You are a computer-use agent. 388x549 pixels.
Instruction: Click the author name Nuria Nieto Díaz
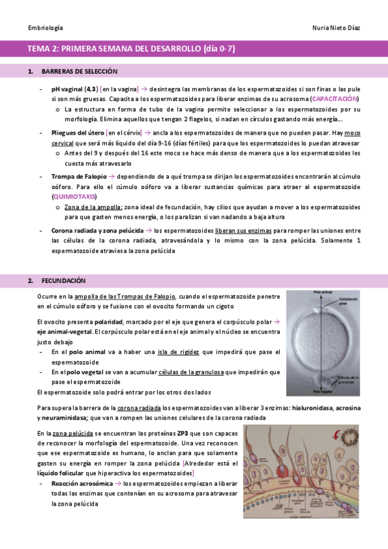336,28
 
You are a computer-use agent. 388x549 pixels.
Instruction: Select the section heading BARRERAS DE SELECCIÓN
79,71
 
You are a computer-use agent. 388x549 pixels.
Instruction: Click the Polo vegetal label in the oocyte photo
328,391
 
